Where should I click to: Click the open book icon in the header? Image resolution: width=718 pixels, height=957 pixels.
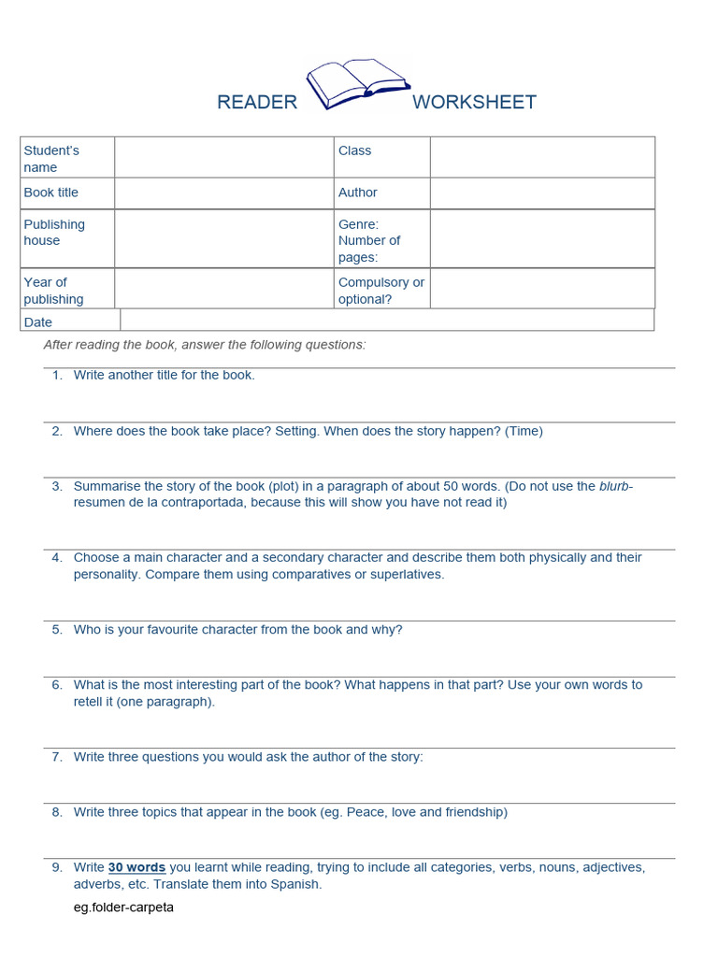(x=356, y=85)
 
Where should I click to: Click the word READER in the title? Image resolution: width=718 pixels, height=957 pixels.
(x=257, y=103)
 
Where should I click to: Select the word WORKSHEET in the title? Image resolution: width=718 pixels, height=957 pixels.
(x=474, y=103)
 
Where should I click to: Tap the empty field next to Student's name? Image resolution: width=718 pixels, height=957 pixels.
(x=223, y=158)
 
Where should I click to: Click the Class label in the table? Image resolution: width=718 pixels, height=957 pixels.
(x=355, y=150)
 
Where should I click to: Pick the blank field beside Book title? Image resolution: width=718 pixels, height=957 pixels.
(x=223, y=193)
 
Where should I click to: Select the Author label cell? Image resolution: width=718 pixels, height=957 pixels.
(x=358, y=193)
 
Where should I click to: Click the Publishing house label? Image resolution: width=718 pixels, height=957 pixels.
(x=54, y=233)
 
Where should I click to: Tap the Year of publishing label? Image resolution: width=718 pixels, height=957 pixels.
(x=53, y=291)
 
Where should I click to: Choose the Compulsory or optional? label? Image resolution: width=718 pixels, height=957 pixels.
(x=381, y=291)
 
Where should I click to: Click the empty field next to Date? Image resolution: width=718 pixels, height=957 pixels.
(x=386, y=321)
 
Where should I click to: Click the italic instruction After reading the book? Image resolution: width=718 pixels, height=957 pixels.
(x=205, y=345)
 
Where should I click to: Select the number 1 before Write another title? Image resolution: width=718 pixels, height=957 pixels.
(x=56, y=375)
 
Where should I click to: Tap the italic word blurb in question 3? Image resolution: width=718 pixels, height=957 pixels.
(x=614, y=486)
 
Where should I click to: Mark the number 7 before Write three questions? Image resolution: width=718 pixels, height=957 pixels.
(x=56, y=757)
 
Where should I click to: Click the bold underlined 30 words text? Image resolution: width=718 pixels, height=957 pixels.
(x=136, y=867)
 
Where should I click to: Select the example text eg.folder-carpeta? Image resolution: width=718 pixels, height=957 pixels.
(x=123, y=907)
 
